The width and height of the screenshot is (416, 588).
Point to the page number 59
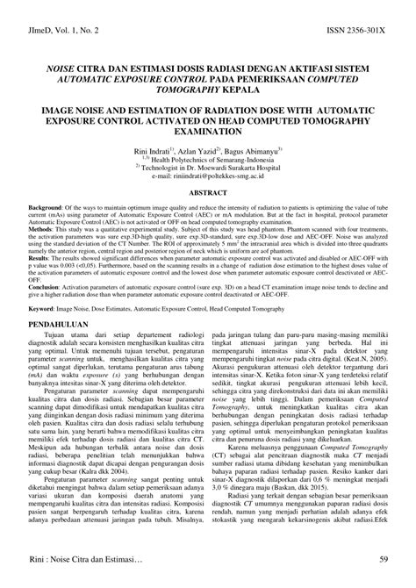coord(384,559)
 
